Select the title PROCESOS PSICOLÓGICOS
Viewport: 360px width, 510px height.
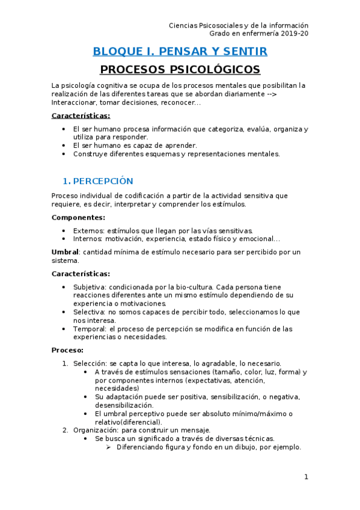pyautogui.click(x=180, y=69)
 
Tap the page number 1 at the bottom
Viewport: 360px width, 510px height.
pyautogui.click(x=306, y=477)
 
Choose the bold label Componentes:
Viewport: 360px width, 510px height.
pyautogui.click(x=78, y=218)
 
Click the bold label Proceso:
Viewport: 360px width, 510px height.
pyautogui.click(x=67, y=350)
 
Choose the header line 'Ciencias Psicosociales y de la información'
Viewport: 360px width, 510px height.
pyautogui.click(x=239, y=26)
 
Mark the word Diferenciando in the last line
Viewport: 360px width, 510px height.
pyautogui.click(x=142, y=447)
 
